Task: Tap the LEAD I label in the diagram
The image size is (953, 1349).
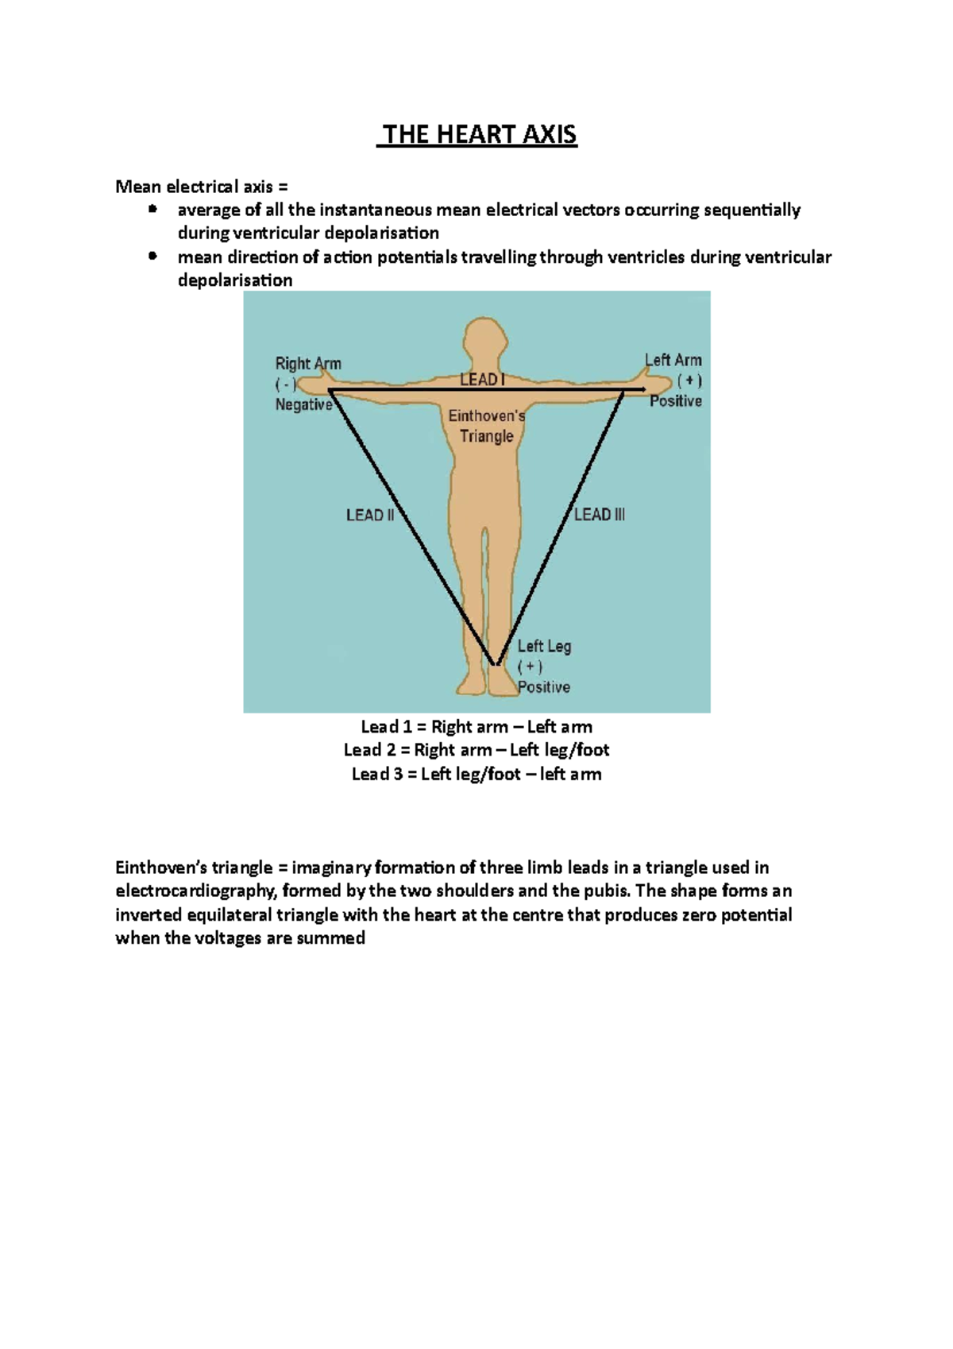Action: coord(481,380)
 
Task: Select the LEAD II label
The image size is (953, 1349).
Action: coord(370,516)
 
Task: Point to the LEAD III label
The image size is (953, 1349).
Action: coord(600,515)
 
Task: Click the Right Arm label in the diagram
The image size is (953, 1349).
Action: coord(308,364)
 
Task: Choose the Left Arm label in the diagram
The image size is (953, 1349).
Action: coord(673,360)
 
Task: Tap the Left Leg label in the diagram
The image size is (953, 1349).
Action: coord(544,646)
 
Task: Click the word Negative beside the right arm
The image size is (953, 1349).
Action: coord(303,404)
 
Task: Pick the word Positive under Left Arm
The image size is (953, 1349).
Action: coord(676,401)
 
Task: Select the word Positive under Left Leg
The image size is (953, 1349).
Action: coord(544,687)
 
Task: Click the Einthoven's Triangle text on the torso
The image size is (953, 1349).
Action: coord(486,426)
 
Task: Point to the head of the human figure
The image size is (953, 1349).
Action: coord(484,339)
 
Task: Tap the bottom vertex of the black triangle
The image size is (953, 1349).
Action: coord(495,663)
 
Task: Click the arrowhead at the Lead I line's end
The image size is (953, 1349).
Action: coord(641,390)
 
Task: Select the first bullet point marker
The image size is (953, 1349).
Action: coord(152,210)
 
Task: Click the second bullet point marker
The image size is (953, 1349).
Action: coord(152,257)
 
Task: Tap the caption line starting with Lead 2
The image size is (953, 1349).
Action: coord(476,750)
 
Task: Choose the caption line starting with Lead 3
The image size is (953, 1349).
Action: coord(476,774)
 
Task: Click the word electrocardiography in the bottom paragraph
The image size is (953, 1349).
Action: coord(195,891)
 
